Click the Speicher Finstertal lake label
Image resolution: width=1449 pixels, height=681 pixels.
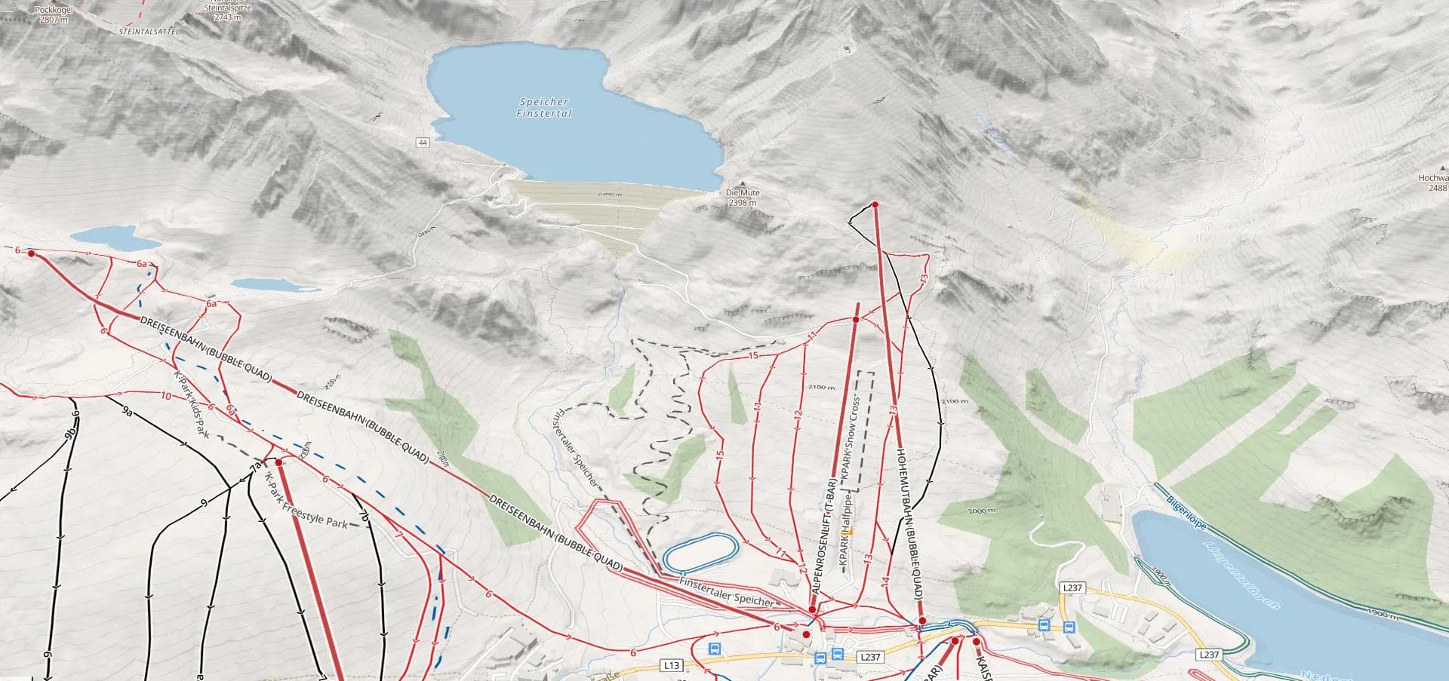(x=544, y=108)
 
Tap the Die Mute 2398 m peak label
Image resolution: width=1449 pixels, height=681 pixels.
(x=743, y=198)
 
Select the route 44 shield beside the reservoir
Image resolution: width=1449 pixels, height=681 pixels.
(x=422, y=143)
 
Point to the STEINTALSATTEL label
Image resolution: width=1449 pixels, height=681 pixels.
(x=144, y=33)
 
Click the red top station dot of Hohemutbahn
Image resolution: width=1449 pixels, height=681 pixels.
(x=875, y=205)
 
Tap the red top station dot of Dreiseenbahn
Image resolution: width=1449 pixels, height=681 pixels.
(x=32, y=253)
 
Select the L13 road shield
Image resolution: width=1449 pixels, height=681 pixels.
(x=671, y=665)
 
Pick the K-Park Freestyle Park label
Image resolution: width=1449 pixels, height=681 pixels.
(x=306, y=502)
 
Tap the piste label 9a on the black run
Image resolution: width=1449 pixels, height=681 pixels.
(x=128, y=413)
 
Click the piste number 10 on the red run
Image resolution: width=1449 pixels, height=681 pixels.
(x=166, y=395)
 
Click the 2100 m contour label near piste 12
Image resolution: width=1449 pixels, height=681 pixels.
(x=821, y=388)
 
